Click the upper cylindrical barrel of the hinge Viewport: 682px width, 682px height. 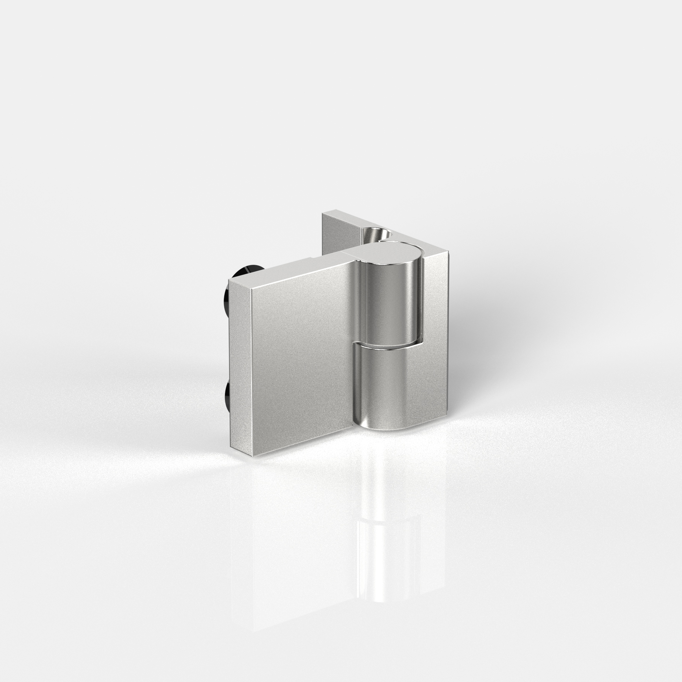[390, 303]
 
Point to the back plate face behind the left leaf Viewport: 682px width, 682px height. [333, 235]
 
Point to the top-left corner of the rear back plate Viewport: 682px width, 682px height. [323, 214]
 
